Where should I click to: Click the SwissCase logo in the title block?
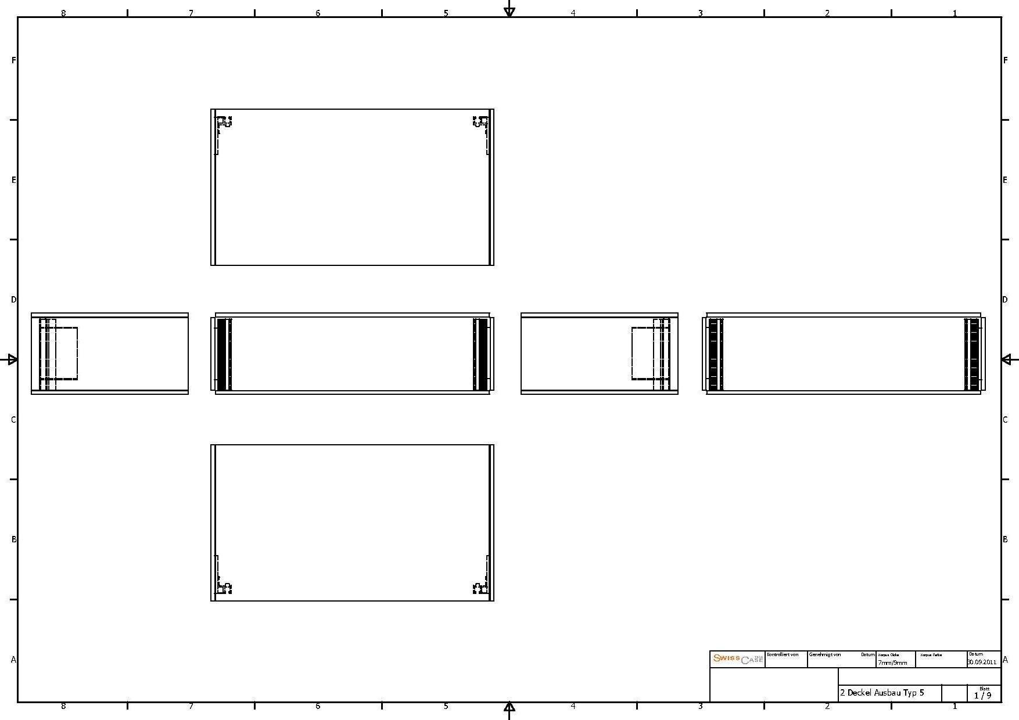pos(738,659)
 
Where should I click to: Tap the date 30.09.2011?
pos(982,662)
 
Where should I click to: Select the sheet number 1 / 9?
pos(982,695)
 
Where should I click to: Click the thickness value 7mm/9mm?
pos(892,663)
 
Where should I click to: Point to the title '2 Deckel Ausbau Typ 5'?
pos(881,693)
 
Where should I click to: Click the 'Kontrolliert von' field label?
pos(783,654)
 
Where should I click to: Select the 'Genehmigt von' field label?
pos(824,654)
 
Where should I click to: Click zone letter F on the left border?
pos(13,60)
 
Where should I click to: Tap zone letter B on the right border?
pos(1005,539)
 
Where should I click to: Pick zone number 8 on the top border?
pos(63,13)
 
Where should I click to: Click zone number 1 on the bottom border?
pos(954,706)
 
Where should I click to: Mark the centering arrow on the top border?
pos(509,10)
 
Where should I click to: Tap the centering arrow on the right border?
pos(1007,359)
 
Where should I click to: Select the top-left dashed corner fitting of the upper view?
pos(224,123)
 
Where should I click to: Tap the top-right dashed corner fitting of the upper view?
pos(480,123)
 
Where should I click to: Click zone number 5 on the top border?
pos(446,13)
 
